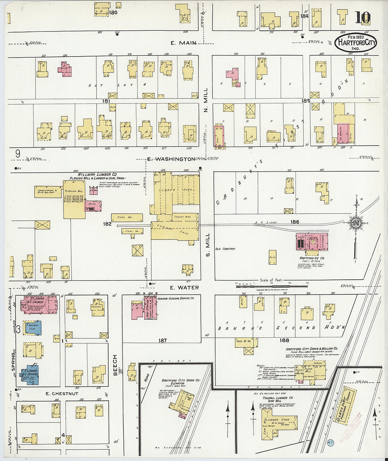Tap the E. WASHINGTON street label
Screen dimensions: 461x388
171,159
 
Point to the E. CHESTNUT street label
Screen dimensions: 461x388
62,394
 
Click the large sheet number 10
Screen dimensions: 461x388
362,17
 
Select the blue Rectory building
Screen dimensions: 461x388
33,328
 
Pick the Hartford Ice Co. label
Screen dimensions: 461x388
312,258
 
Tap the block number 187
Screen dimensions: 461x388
162,341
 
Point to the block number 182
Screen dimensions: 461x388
107,224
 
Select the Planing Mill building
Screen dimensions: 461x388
74,200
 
